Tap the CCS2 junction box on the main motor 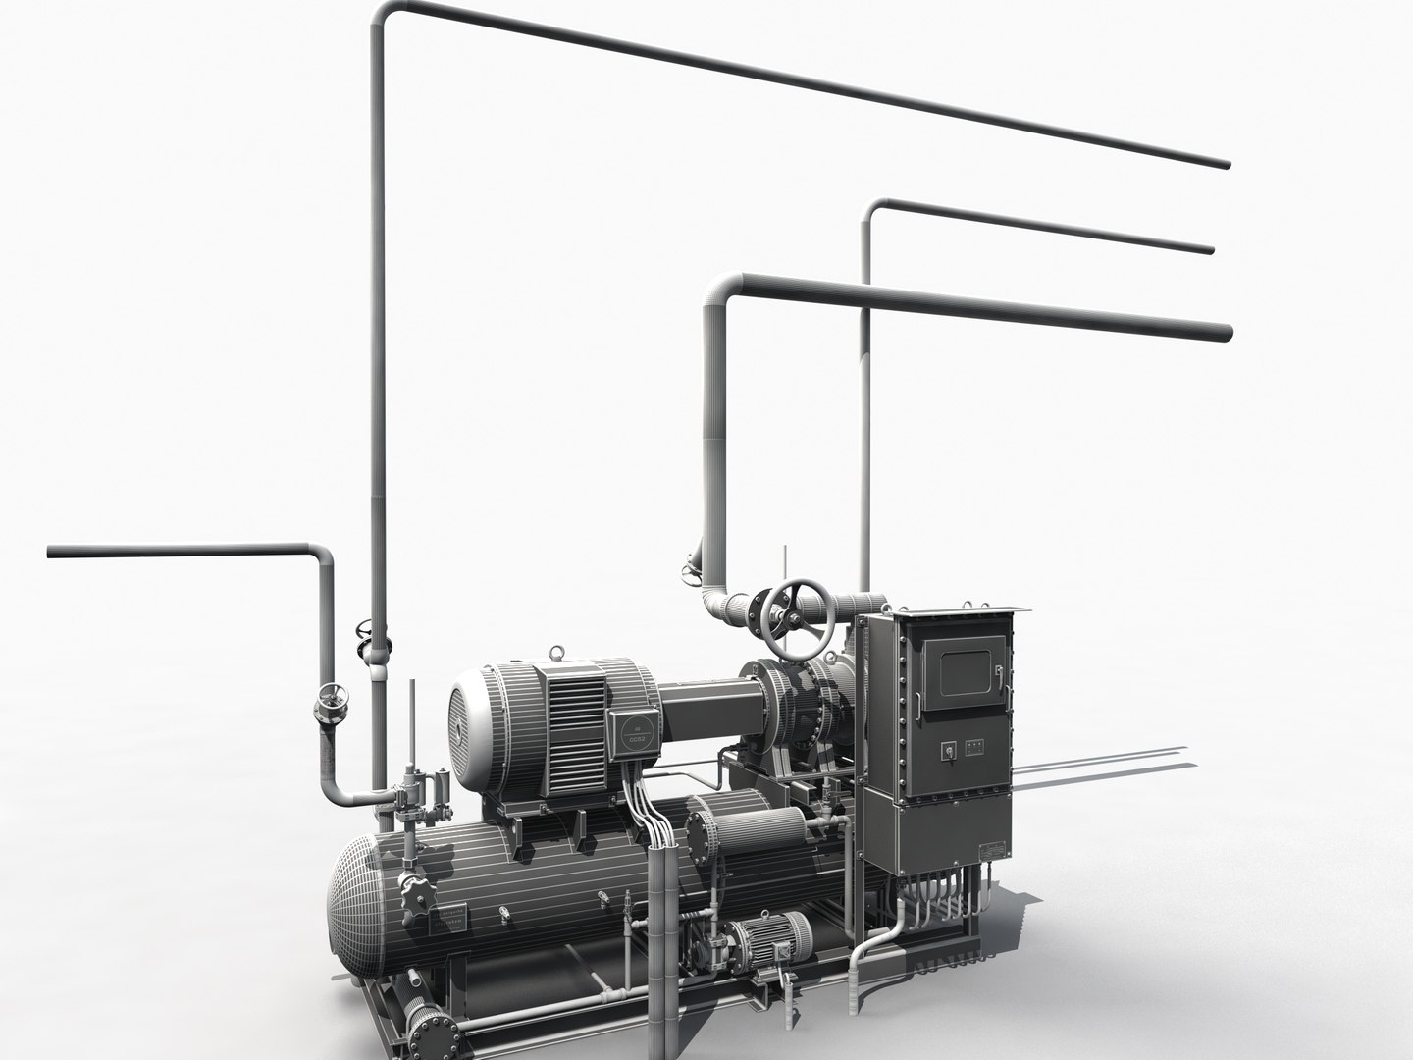click(x=638, y=729)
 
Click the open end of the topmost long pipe click(x=1226, y=163)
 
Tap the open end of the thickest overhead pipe click(x=1226, y=333)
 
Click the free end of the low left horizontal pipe click(x=51, y=555)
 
